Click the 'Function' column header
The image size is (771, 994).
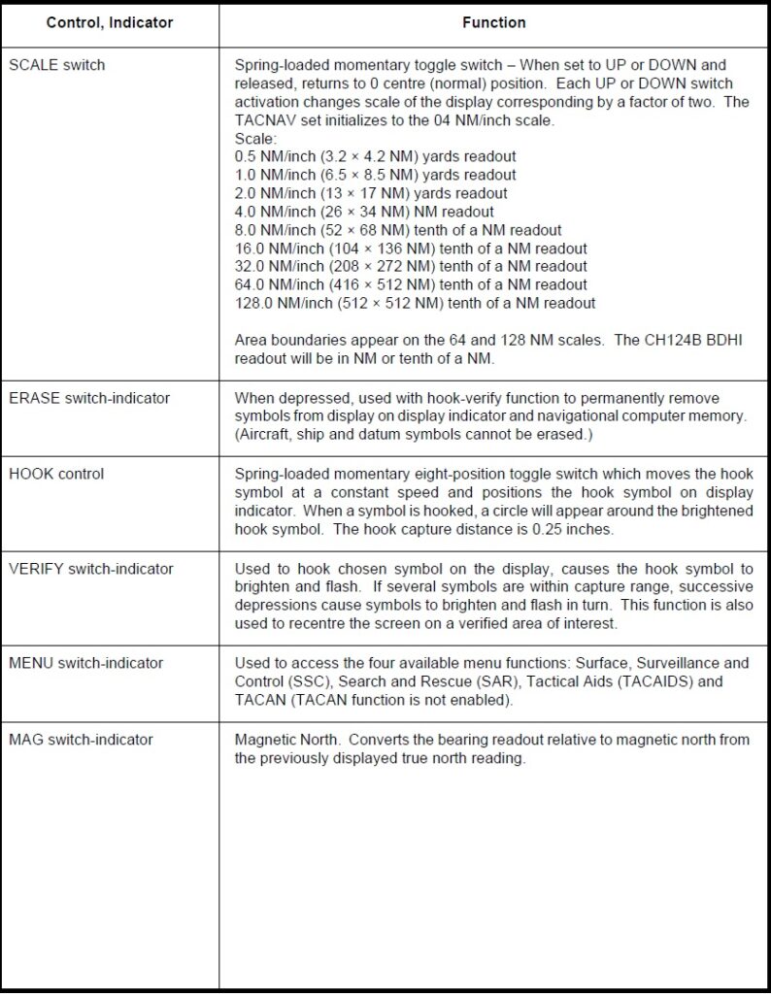pyautogui.click(x=494, y=22)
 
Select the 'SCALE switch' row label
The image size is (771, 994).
pyautogui.click(x=56, y=65)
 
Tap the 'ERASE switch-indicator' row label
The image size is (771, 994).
pyautogui.click(x=88, y=397)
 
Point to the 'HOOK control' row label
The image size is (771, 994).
pyautogui.click(x=56, y=474)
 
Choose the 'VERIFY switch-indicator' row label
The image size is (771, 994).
pyautogui.click(x=90, y=569)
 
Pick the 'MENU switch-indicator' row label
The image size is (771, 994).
pyautogui.click(x=85, y=663)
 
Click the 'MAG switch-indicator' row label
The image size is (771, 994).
pyautogui.click(x=81, y=740)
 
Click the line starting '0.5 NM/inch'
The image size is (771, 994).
pyautogui.click(x=375, y=156)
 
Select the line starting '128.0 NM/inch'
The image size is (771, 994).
pyautogui.click(x=415, y=303)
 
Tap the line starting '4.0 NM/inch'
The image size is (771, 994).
pyautogui.click(x=364, y=212)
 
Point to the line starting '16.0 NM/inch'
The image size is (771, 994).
pyautogui.click(x=411, y=248)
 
